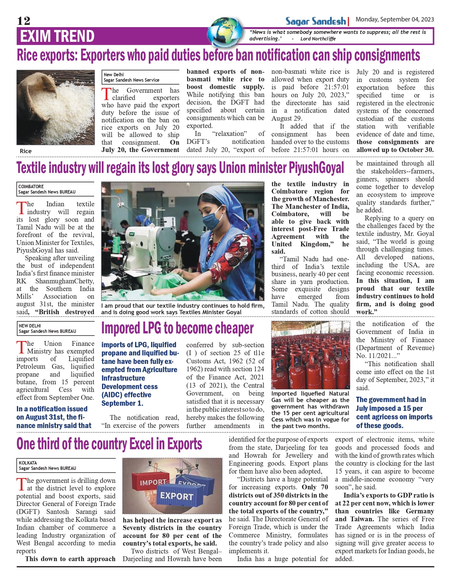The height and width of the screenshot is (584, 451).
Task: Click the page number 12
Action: click(x=23, y=21)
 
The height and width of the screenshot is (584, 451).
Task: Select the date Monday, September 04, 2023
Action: click(x=394, y=19)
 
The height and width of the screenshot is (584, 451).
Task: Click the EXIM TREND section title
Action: click(x=57, y=36)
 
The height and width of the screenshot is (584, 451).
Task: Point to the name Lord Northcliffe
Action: click(x=318, y=39)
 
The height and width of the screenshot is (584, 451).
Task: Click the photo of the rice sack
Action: click(x=56, y=107)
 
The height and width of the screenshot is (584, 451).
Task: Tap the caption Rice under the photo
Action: click(x=26, y=151)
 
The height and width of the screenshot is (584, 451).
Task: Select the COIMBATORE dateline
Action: click(x=31, y=186)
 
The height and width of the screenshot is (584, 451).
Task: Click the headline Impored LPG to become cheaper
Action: click(x=177, y=328)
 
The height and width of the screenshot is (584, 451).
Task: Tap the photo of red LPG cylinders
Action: click(x=310, y=355)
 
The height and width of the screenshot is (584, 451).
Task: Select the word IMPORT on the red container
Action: click(x=153, y=482)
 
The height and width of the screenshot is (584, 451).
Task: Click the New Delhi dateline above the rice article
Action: click(x=114, y=75)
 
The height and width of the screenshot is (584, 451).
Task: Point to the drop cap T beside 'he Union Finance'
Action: click(x=21, y=347)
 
